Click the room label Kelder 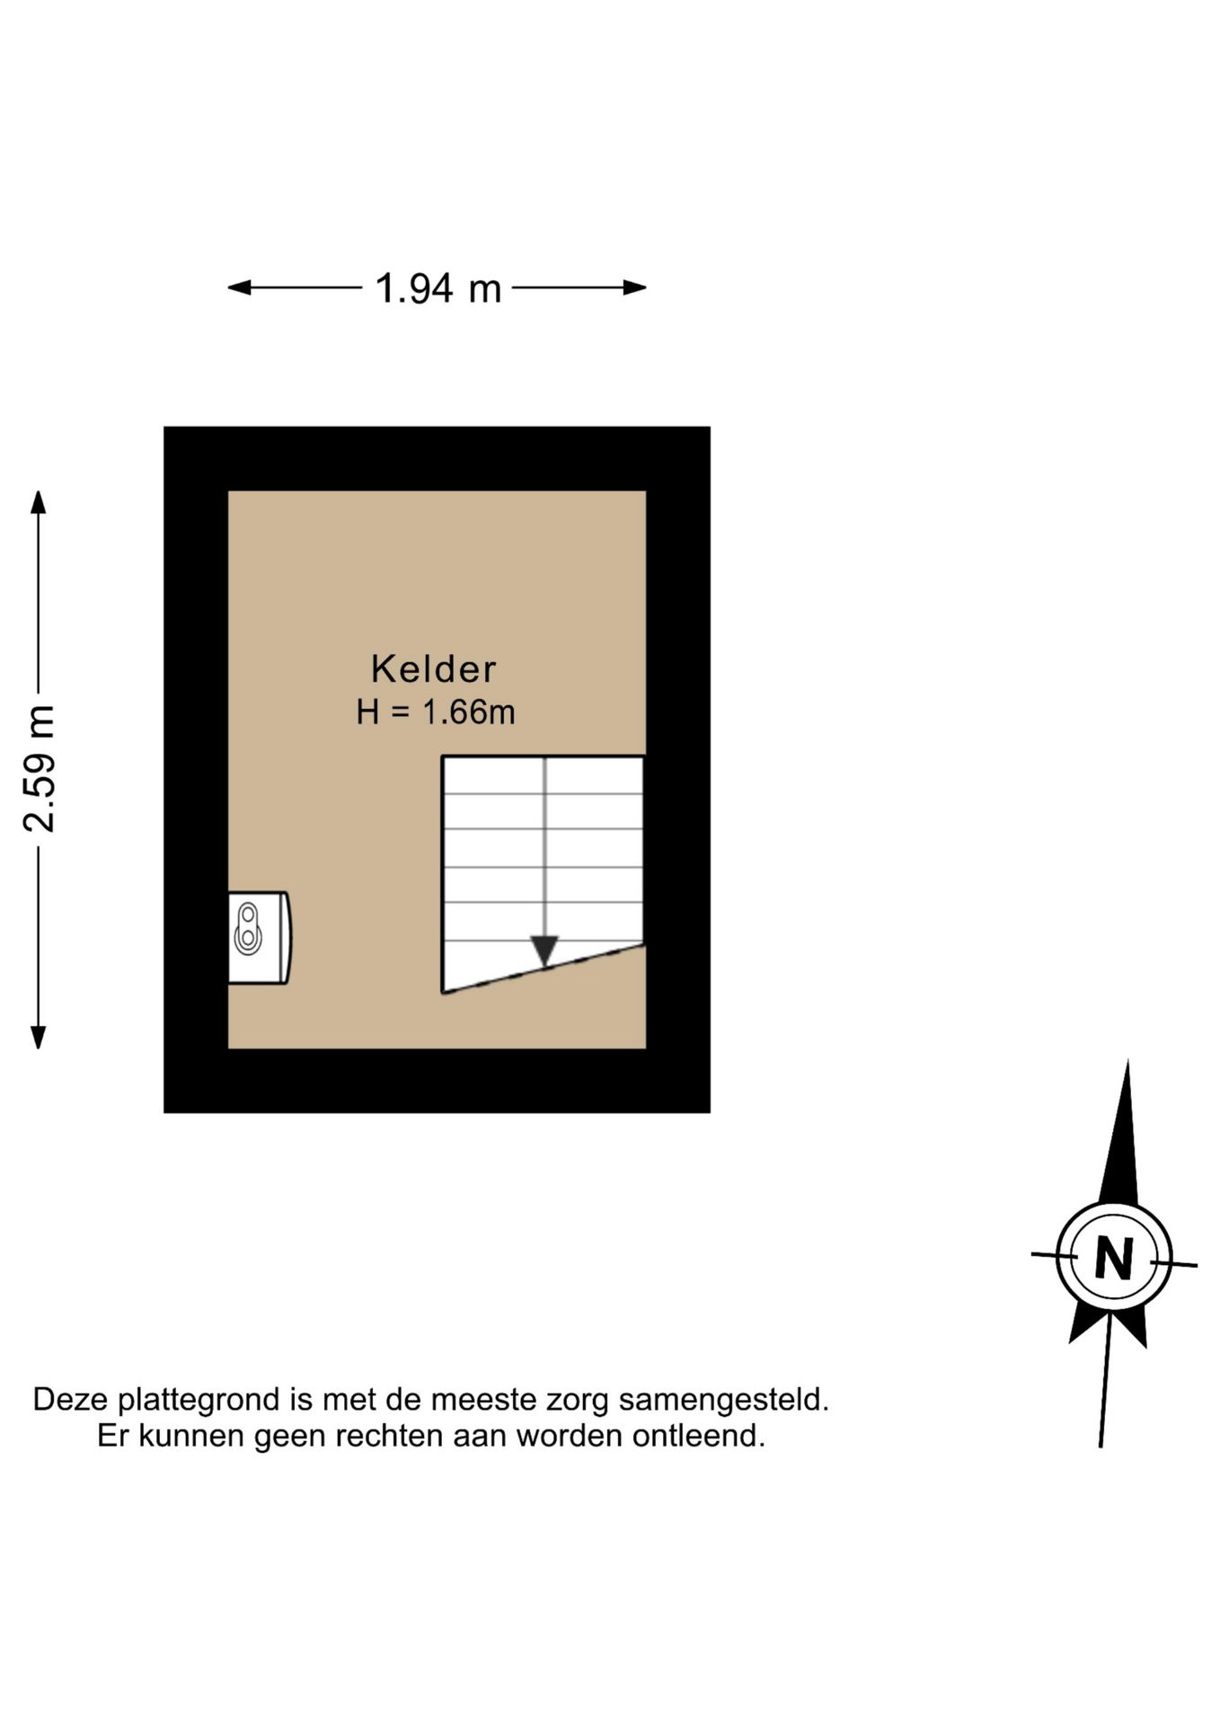[x=433, y=668]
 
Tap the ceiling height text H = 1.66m [x=436, y=712]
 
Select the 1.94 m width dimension [x=438, y=288]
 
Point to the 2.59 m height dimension [x=39, y=769]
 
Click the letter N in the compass [x=1114, y=1258]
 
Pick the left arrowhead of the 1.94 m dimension [x=239, y=287]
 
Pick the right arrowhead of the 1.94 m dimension [x=635, y=287]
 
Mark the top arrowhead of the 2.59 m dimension [x=39, y=501]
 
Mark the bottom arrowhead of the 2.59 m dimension [x=39, y=1038]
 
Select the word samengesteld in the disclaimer [x=724, y=1400]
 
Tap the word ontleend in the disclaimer [x=699, y=1436]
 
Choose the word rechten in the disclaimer [x=390, y=1436]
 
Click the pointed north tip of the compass [x=1127, y=1061]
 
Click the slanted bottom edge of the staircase [x=543, y=969]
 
